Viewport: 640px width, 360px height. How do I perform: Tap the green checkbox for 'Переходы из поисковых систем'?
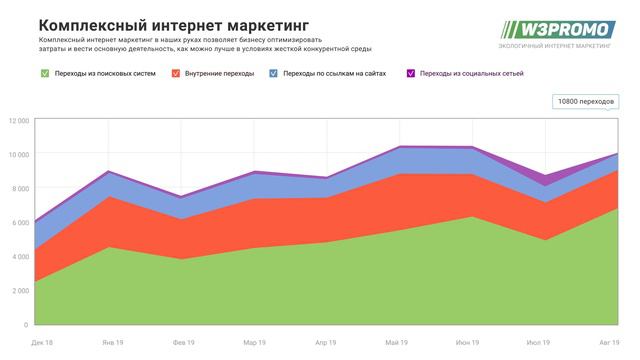click(x=44, y=73)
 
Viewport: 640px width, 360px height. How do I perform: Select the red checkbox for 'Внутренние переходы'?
click(x=176, y=73)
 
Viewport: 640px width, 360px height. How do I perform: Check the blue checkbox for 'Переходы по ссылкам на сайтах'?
click(x=274, y=73)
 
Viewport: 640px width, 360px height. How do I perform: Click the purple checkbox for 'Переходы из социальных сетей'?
click(x=411, y=73)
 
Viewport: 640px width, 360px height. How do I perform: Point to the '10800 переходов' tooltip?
click(x=586, y=102)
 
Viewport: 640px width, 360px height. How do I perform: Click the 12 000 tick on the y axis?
click(x=16, y=120)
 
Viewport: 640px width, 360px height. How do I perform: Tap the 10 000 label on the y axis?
click(x=16, y=154)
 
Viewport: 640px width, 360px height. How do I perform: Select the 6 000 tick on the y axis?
click(x=18, y=222)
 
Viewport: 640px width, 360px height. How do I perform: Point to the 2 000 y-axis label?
click(x=18, y=290)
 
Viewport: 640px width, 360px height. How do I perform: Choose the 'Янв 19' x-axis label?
click(x=112, y=342)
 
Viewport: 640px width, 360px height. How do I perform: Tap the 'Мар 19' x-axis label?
click(x=254, y=342)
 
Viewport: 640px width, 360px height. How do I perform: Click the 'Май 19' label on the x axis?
click(x=397, y=342)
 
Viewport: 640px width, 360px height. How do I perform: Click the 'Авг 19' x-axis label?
click(x=609, y=342)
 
